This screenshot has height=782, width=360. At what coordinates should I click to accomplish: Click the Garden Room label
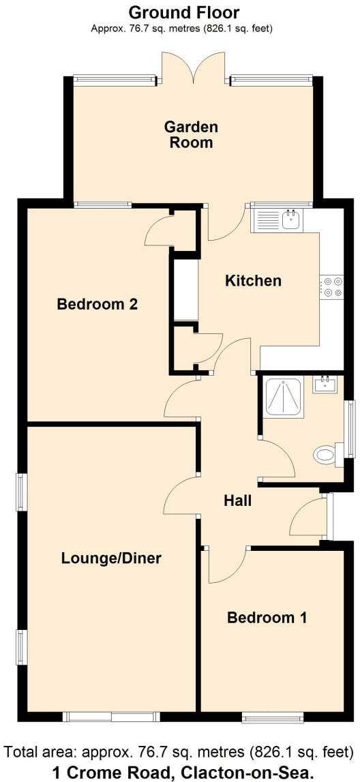(x=191, y=134)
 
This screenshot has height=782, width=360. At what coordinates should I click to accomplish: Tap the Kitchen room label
(x=253, y=280)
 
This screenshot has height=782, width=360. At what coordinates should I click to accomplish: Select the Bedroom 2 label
(x=97, y=303)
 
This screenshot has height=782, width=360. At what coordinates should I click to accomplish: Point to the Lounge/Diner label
(x=111, y=558)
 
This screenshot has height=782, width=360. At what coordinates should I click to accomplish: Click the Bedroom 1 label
(x=267, y=618)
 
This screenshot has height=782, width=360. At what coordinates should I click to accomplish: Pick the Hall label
(x=238, y=500)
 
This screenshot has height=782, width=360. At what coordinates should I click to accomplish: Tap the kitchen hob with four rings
(x=333, y=286)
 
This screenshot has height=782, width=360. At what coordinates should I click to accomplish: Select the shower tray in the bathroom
(x=284, y=396)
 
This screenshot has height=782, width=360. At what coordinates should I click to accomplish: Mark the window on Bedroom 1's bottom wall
(x=273, y=717)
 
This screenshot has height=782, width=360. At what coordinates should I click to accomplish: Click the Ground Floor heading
(x=183, y=12)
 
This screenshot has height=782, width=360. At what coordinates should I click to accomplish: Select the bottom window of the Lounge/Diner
(x=111, y=717)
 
